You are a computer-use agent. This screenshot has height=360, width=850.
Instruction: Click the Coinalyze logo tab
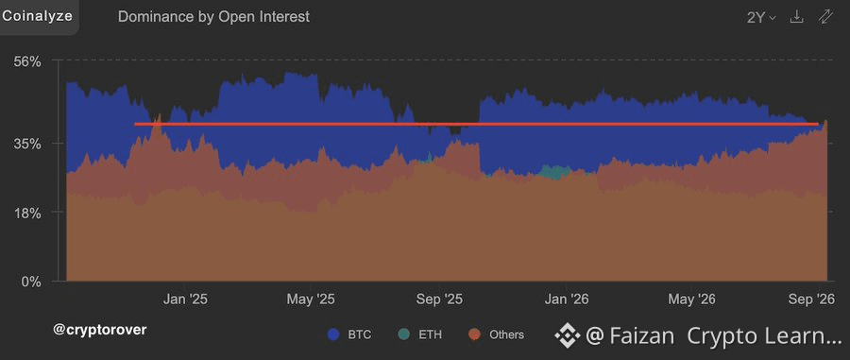click(x=38, y=16)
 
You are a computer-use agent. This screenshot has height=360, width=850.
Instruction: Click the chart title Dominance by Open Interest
click(x=213, y=17)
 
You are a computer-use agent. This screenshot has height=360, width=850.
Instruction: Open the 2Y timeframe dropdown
click(x=761, y=17)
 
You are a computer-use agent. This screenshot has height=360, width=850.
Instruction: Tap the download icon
click(x=796, y=17)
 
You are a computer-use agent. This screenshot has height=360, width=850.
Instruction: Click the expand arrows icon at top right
click(x=825, y=17)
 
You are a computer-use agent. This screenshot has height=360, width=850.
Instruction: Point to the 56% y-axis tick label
click(x=27, y=61)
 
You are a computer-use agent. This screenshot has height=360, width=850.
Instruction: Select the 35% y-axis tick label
click(x=27, y=144)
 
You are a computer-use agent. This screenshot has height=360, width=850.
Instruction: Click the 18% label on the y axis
click(x=27, y=214)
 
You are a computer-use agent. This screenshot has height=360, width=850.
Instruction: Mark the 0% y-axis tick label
click(x=32, y=282)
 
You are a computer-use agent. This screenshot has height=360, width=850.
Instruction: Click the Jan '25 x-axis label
click(x=185, y=299)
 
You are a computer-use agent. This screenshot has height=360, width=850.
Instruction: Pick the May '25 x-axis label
click(x=311, y=299)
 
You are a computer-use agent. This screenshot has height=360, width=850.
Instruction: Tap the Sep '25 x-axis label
click(x=439, y=299)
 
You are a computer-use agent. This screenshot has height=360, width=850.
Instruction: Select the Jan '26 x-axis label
click(x=567, y=299)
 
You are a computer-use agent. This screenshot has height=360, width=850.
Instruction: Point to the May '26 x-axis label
click(x=691, y=299)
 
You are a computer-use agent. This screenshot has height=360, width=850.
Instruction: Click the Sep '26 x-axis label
click(x=811, y=299)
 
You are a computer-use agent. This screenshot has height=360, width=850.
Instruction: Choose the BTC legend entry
click(x=349, y=334)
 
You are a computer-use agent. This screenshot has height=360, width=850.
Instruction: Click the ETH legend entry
click(x=420, y=334)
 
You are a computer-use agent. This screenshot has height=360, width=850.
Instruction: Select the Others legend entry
click(x=496, y=334)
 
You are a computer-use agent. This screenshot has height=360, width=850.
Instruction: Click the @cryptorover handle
click(x=100, y=330)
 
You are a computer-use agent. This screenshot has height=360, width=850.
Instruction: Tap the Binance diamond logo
click(x=568, y=336)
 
